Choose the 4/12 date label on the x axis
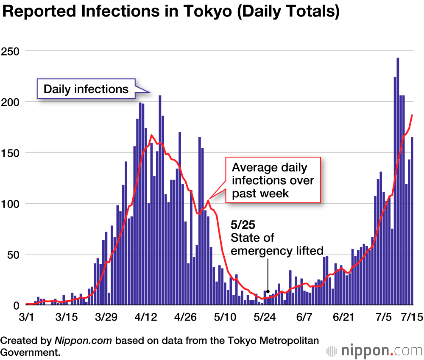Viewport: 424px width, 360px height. click(146, 316)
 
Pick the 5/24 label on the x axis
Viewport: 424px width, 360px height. click(264, 316)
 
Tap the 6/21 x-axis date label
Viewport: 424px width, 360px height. click(343, 316)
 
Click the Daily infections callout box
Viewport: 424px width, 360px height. click(86, 89)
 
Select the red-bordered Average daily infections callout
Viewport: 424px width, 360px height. click(273, 180)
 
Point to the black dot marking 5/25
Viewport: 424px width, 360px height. click(268, 291)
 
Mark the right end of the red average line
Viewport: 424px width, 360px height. click(412, 115)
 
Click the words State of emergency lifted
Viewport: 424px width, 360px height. click(277, 244)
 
